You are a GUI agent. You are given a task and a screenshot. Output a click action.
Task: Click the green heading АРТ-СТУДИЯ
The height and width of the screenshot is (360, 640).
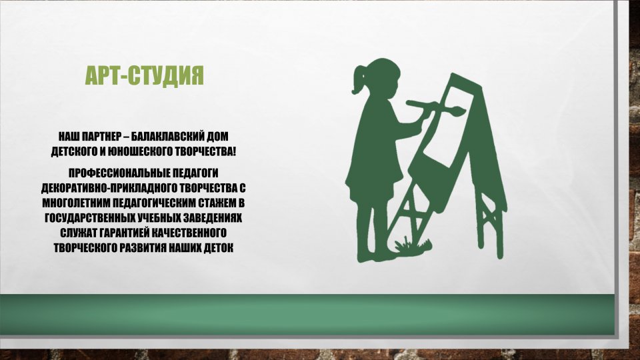point(144,75)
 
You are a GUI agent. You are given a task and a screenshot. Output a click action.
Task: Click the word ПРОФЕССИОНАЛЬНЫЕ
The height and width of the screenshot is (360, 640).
point(119,173)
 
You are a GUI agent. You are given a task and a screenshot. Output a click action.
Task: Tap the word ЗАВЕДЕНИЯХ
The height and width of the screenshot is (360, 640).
point(212,218)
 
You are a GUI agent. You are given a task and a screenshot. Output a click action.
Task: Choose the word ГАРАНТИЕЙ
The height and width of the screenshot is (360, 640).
point(124,233)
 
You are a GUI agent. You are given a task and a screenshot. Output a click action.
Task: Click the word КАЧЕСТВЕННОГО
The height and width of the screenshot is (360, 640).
point(189,233)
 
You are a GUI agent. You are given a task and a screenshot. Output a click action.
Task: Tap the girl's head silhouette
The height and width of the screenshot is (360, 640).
point(381,75)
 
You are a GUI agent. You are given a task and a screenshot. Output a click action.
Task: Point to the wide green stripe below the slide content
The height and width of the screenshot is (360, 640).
point(307,314)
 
